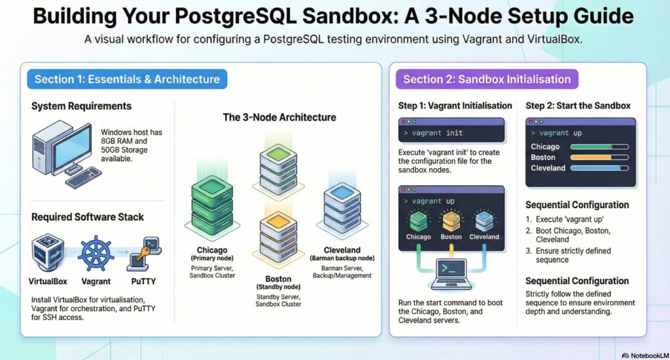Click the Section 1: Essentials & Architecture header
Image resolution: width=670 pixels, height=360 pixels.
point(127,79)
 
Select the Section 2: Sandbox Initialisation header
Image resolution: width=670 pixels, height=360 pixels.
point(487,79)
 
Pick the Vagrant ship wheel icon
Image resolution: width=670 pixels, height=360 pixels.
point(96,253)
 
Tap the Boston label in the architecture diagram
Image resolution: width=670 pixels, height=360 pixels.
point(277,278)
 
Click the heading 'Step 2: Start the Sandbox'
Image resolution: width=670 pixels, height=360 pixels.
point(578,106)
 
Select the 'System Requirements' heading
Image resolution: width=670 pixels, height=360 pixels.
point(81,106)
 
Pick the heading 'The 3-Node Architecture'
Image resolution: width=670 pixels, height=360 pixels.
point(279,118)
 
